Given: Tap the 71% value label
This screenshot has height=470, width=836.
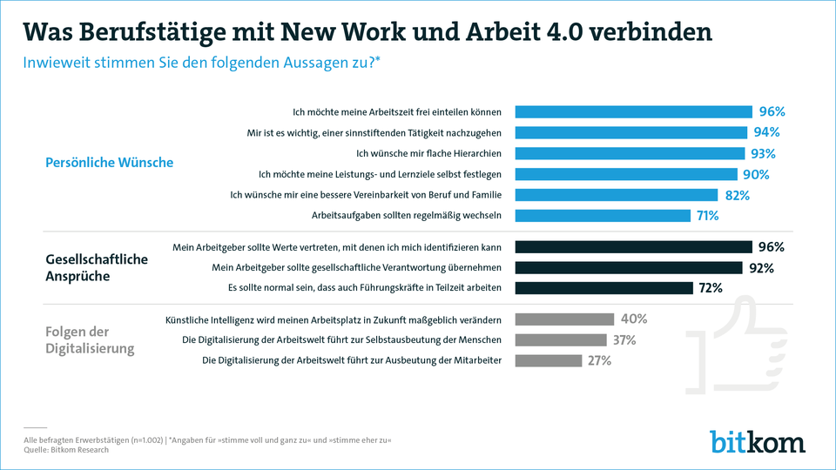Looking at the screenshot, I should (706, 216).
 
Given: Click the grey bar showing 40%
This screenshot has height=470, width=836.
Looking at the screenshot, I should (564, 319).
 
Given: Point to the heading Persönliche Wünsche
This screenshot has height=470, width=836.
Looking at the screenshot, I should (109, 163).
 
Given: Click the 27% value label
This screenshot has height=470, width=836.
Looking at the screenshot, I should (599, 360).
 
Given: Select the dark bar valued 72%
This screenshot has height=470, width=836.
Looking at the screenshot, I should (603, 288).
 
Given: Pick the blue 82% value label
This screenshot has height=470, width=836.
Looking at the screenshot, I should (737, 195).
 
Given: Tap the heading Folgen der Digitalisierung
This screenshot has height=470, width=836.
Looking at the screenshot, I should (91, 339).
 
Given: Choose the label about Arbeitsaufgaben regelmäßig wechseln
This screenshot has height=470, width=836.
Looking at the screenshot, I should (406, 216).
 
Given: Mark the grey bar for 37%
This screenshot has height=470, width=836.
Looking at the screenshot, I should (561, 339).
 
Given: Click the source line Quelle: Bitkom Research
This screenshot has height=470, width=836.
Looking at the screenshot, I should (66, 450).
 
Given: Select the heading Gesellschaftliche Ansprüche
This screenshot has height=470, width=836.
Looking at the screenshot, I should (97, 268).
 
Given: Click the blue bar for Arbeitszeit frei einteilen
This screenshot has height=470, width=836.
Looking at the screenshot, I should (633, 111).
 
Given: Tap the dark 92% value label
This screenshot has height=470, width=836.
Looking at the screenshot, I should (761, 268).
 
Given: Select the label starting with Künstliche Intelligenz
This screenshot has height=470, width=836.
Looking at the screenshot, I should (333, 319).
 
